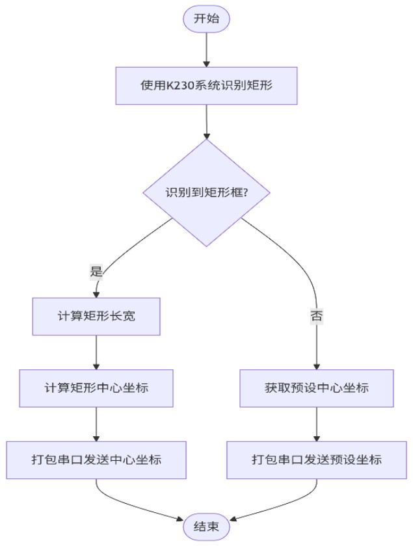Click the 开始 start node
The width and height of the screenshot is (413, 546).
(x=207, y=19)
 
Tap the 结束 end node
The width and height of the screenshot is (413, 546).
(x=207, y=527)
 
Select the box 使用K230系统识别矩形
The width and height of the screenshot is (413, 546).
(x=207, y=85)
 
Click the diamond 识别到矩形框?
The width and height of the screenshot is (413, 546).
(x=207, y=193)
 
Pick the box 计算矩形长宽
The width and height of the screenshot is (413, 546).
(x=96, y=317)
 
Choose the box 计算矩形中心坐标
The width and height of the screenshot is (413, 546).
(x=96, y=388)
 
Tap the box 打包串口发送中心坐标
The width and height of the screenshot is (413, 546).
(x=96, y=460)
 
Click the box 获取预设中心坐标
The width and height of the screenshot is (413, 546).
(x=317, y=388)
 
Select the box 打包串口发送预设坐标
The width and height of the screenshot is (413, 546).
(x=317, y=460)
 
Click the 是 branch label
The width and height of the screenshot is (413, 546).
(x=96, y=272)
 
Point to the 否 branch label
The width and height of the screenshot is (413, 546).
(x=317, y=317)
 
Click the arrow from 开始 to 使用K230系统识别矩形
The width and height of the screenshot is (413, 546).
(x=207, y=49)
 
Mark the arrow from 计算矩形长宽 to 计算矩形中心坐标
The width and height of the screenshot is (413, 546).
(x=96, y=352)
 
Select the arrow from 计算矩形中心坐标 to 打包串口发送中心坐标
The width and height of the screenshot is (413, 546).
(x=96, y=424)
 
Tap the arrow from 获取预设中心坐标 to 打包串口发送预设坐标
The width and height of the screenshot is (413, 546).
(x=317, y=424)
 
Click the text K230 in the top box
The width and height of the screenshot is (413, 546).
(x=179, y=86)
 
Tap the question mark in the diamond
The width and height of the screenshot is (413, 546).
(x=247, y=193)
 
